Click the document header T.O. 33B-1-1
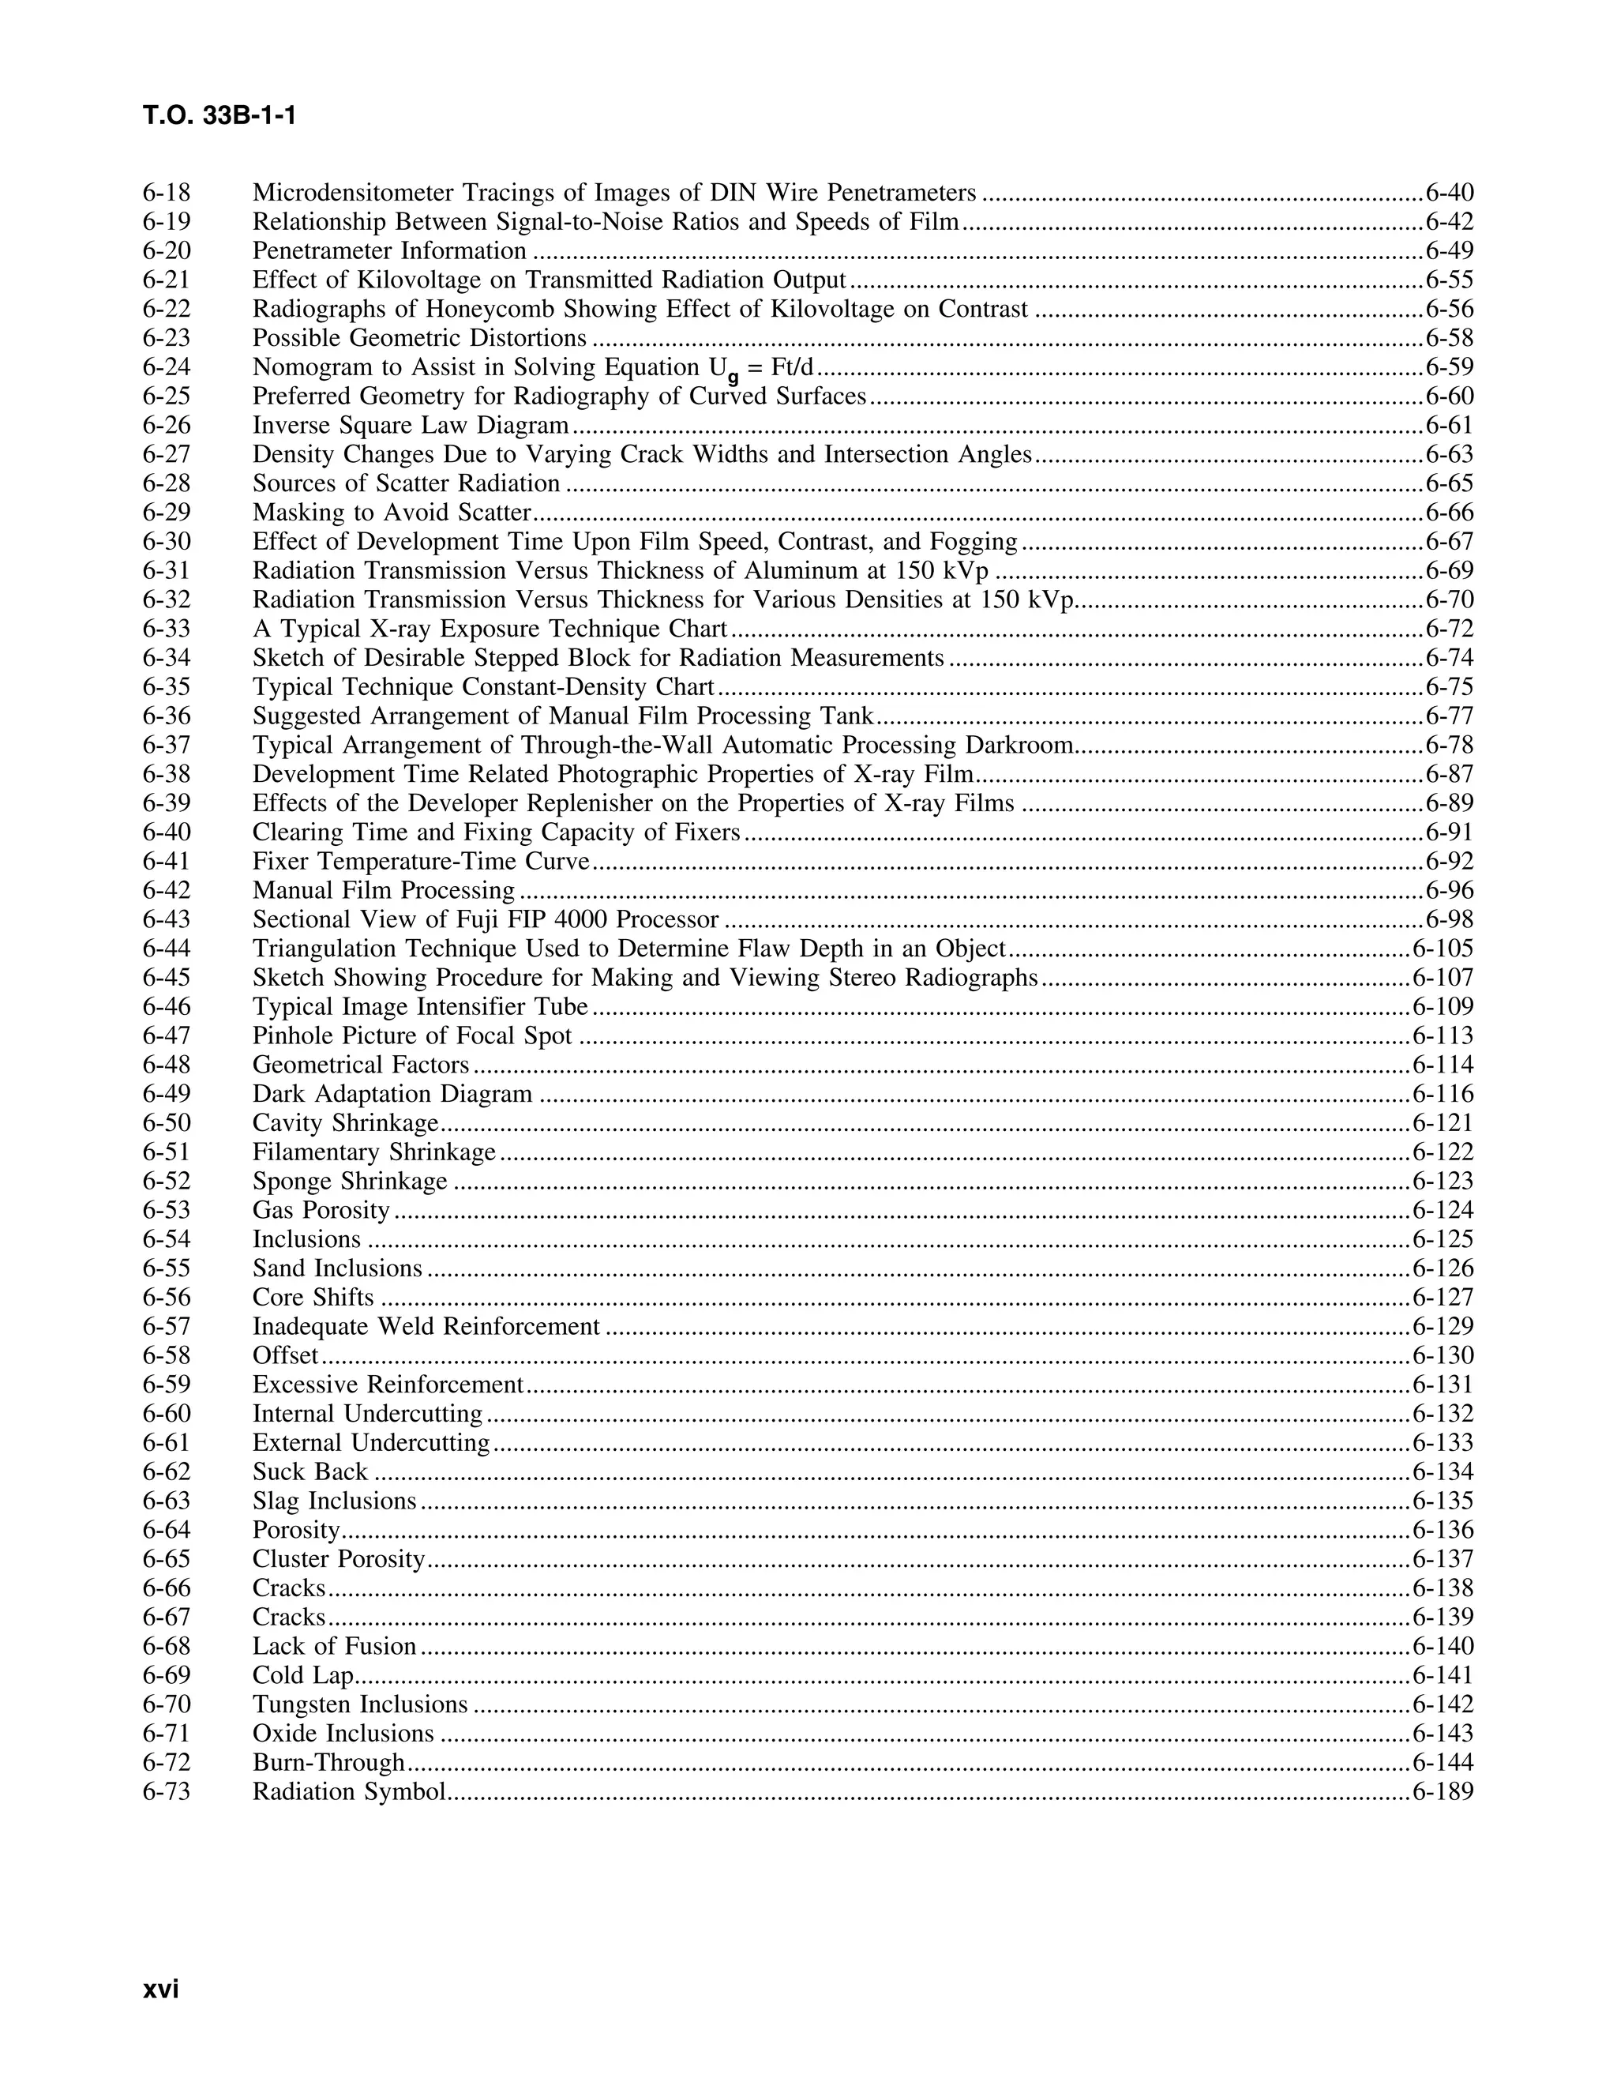219,116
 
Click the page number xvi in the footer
161,1989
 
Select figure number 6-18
167,193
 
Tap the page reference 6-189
1443,1792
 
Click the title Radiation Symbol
350,1792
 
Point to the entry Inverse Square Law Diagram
410,426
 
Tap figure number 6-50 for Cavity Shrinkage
167,1123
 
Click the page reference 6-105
1443,949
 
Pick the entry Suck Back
310,1472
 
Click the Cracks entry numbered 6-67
288,1618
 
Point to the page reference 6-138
1443,1588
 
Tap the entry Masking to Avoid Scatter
391,513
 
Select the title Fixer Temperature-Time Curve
421,862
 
